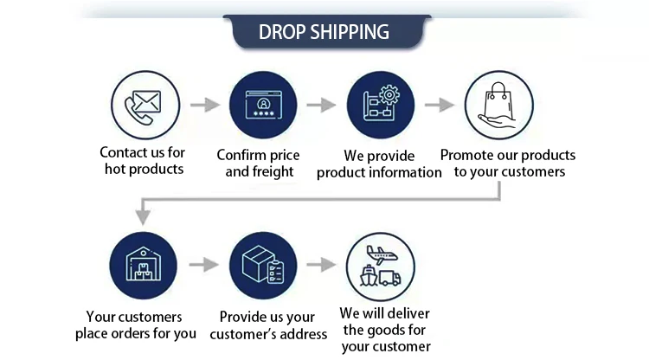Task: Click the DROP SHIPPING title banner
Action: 324,32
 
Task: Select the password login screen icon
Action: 262,104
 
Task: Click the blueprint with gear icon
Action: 381,104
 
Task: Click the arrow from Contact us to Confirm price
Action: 203,105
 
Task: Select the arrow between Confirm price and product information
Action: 320,105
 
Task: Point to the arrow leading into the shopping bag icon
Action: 440,105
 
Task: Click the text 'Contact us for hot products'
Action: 143,161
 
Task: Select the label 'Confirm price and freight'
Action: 258,164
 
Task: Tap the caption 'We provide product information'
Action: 379,164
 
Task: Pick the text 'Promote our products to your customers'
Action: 508,164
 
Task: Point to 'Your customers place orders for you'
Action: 135,325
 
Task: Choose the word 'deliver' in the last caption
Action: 408,313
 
